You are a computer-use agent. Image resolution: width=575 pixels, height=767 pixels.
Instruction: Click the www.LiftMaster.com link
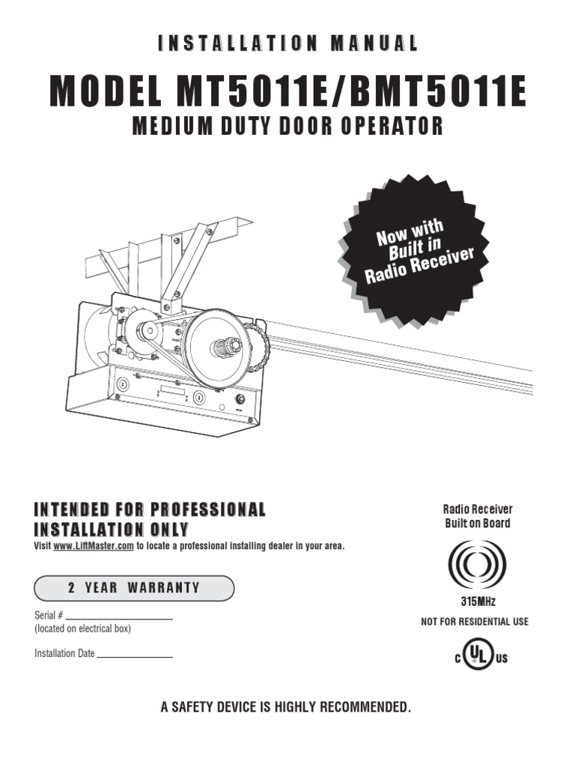tap(94, 546)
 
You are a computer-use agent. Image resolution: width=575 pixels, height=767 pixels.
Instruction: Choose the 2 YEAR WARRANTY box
tap(134, 588)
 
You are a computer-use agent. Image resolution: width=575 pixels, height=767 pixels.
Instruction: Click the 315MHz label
tap(477, 601)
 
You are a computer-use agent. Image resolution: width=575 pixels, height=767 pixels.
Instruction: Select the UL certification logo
tap(476, 657)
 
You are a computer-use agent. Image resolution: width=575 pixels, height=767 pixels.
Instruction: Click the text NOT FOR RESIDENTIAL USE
tap(475, 622)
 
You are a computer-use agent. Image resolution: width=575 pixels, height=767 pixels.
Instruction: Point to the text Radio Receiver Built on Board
tap(477, 516)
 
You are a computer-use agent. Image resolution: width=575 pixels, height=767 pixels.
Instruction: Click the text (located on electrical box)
tap(83, 629)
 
